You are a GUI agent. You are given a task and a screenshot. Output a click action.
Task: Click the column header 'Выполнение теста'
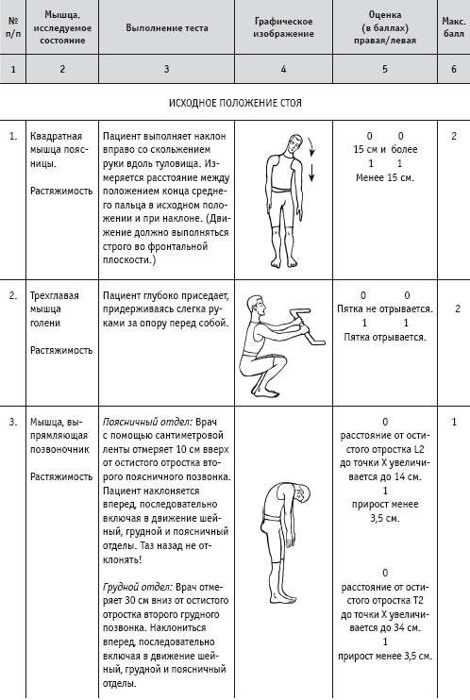click(167, 27)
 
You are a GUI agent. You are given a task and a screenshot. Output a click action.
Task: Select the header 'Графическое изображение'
click(284, 27)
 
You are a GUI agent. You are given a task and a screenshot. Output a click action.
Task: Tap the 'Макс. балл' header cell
click(453, 26)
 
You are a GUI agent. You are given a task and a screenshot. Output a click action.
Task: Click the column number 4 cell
click(283, 69)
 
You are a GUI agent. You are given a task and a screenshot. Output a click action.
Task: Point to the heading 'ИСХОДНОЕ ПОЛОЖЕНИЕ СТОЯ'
click(235, 103)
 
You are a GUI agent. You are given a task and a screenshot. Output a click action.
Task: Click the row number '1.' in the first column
click(13, 136)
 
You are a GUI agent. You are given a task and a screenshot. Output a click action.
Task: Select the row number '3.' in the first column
click(13, 422)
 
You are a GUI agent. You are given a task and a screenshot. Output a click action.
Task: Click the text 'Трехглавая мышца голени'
click(55, 308)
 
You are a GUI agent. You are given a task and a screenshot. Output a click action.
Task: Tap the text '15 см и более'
click(385, 150)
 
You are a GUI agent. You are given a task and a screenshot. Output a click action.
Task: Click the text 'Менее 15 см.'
click(385, 177)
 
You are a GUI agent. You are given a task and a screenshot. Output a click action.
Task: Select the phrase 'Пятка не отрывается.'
click(385, 308)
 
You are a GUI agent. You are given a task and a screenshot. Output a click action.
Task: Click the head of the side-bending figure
click(294, 145)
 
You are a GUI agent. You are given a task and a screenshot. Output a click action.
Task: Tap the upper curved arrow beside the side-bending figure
click(311, 147)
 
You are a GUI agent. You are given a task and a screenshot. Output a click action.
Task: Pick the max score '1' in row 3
click(454, 422)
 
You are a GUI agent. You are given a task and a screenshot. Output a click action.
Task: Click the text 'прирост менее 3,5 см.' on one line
click(385, 657)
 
